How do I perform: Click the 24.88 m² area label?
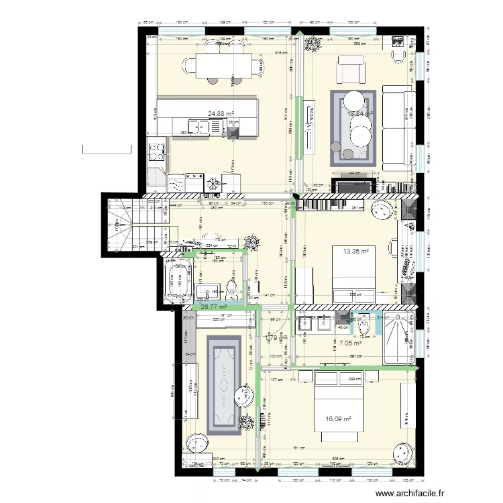[221, 114]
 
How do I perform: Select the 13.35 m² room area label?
[357, 251]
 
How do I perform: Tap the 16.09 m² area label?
[339, 419]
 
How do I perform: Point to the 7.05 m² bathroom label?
[350, 343]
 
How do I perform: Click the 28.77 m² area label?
[213, 306]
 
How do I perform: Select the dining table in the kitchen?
[222, 64]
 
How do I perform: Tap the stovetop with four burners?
[156, 150]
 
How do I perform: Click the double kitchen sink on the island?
[198, 125]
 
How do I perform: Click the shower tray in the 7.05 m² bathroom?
[400, 338]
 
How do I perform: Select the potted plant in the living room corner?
[311, 44]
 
